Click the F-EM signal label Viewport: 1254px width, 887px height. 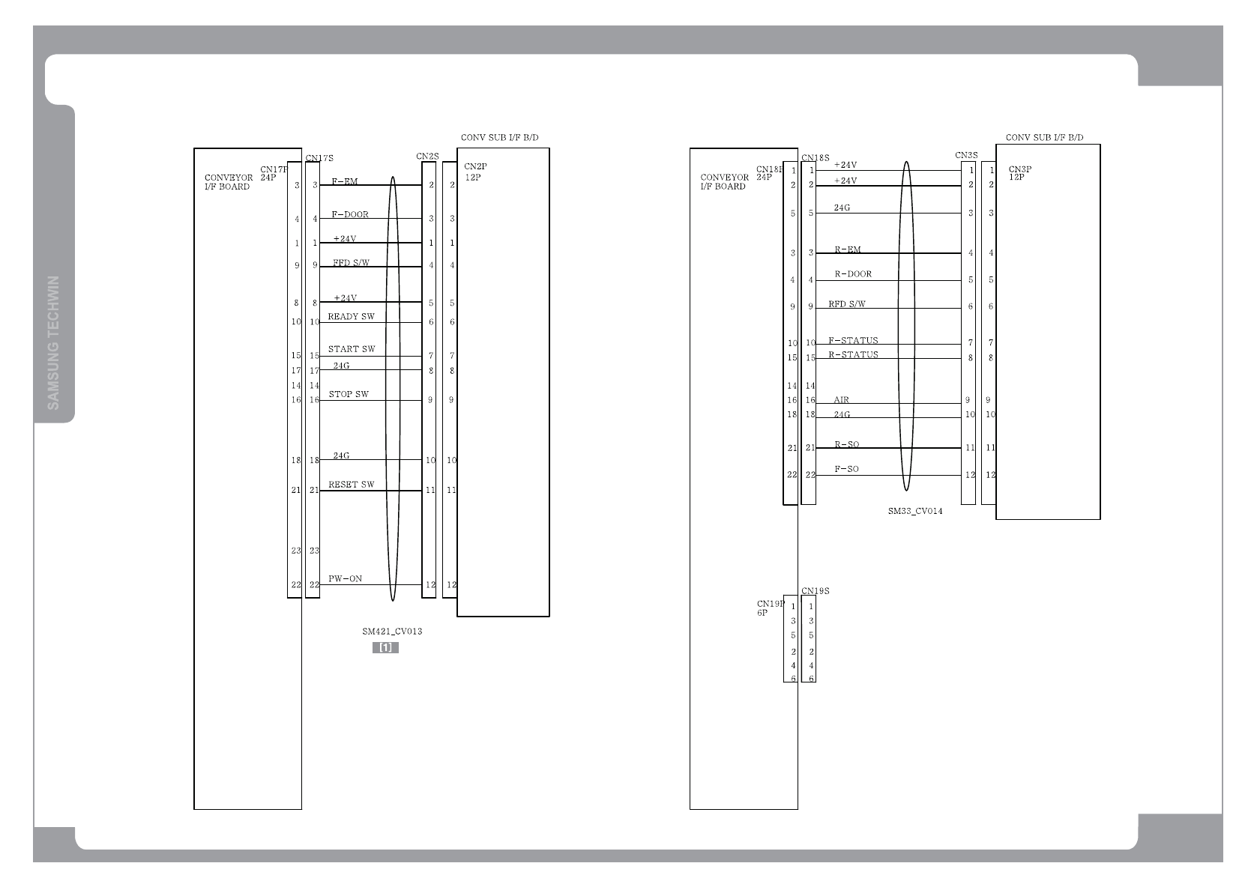click(x=345, y=181)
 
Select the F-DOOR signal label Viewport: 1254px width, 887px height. click(x=350, y=214)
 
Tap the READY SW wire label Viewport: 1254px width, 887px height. click(x=351, y=317)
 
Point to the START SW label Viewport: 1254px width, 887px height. click(x=352, y=349)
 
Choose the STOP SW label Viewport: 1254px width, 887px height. click(x=349, y=394)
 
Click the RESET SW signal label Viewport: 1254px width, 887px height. click(x=351, y=485)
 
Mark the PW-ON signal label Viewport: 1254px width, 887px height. click(x=345, y=578)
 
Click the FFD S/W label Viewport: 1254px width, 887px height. click(x=351, y=263)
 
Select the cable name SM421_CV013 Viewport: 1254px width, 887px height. click(x=392, y=631)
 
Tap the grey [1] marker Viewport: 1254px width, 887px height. click(x=385, y=647)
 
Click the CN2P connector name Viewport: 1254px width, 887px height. click(x=475, y=166)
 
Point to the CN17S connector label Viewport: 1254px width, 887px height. click(x=319, y=158)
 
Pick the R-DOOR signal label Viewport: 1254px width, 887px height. click(x=853, y=274)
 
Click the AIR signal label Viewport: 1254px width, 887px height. click(x=842, y=400)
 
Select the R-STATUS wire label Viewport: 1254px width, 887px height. click(x=853, y=355)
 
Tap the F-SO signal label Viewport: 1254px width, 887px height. click(x=846, y=470)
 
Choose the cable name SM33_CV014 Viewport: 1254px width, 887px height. click(x=915, y=512)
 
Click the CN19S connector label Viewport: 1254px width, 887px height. click(x=816, y=591)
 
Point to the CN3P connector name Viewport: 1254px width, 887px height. click(x=1020, y=169)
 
